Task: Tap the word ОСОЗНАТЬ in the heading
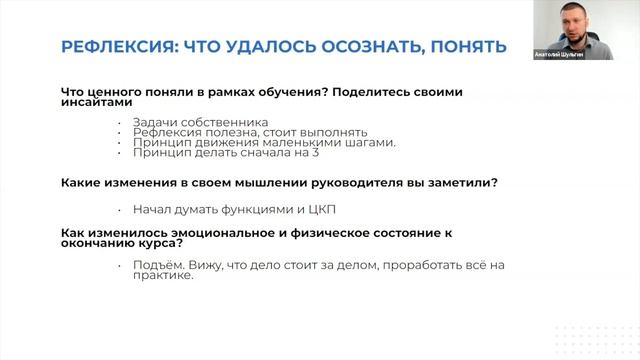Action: point(371,47)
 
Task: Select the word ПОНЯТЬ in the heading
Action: point(469,47)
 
